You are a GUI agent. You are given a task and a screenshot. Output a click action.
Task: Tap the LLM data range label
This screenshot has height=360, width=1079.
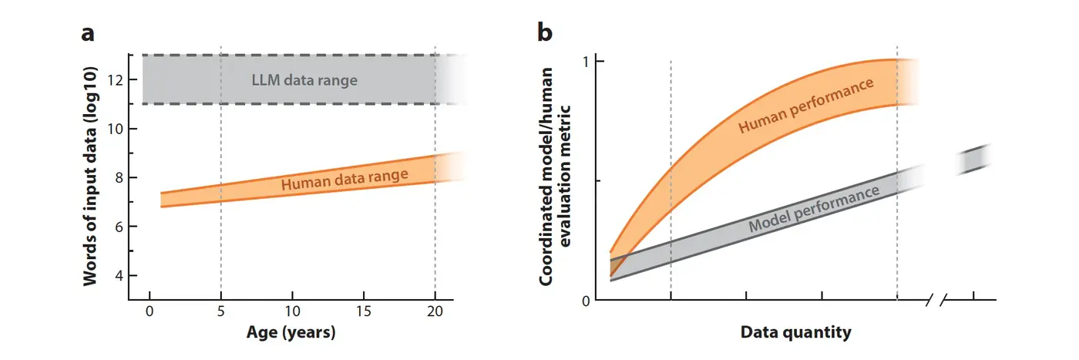coord(304,79)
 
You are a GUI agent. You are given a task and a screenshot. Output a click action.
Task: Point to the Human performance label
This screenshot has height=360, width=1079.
coord(806,106)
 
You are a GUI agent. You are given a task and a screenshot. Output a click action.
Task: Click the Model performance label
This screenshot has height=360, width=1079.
coord(814,210)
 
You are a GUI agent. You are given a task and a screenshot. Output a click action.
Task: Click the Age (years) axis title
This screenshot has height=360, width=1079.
coord(291,333)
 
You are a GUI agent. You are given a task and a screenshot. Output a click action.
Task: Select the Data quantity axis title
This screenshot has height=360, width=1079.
coord(795,333)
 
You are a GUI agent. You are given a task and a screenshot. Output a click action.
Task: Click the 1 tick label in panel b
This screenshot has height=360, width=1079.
coord(587,61)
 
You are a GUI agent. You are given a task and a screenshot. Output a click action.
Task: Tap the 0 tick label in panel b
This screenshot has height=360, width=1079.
coord(586,301)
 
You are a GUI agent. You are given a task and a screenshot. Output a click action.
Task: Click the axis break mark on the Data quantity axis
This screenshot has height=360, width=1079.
coord(936,300)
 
